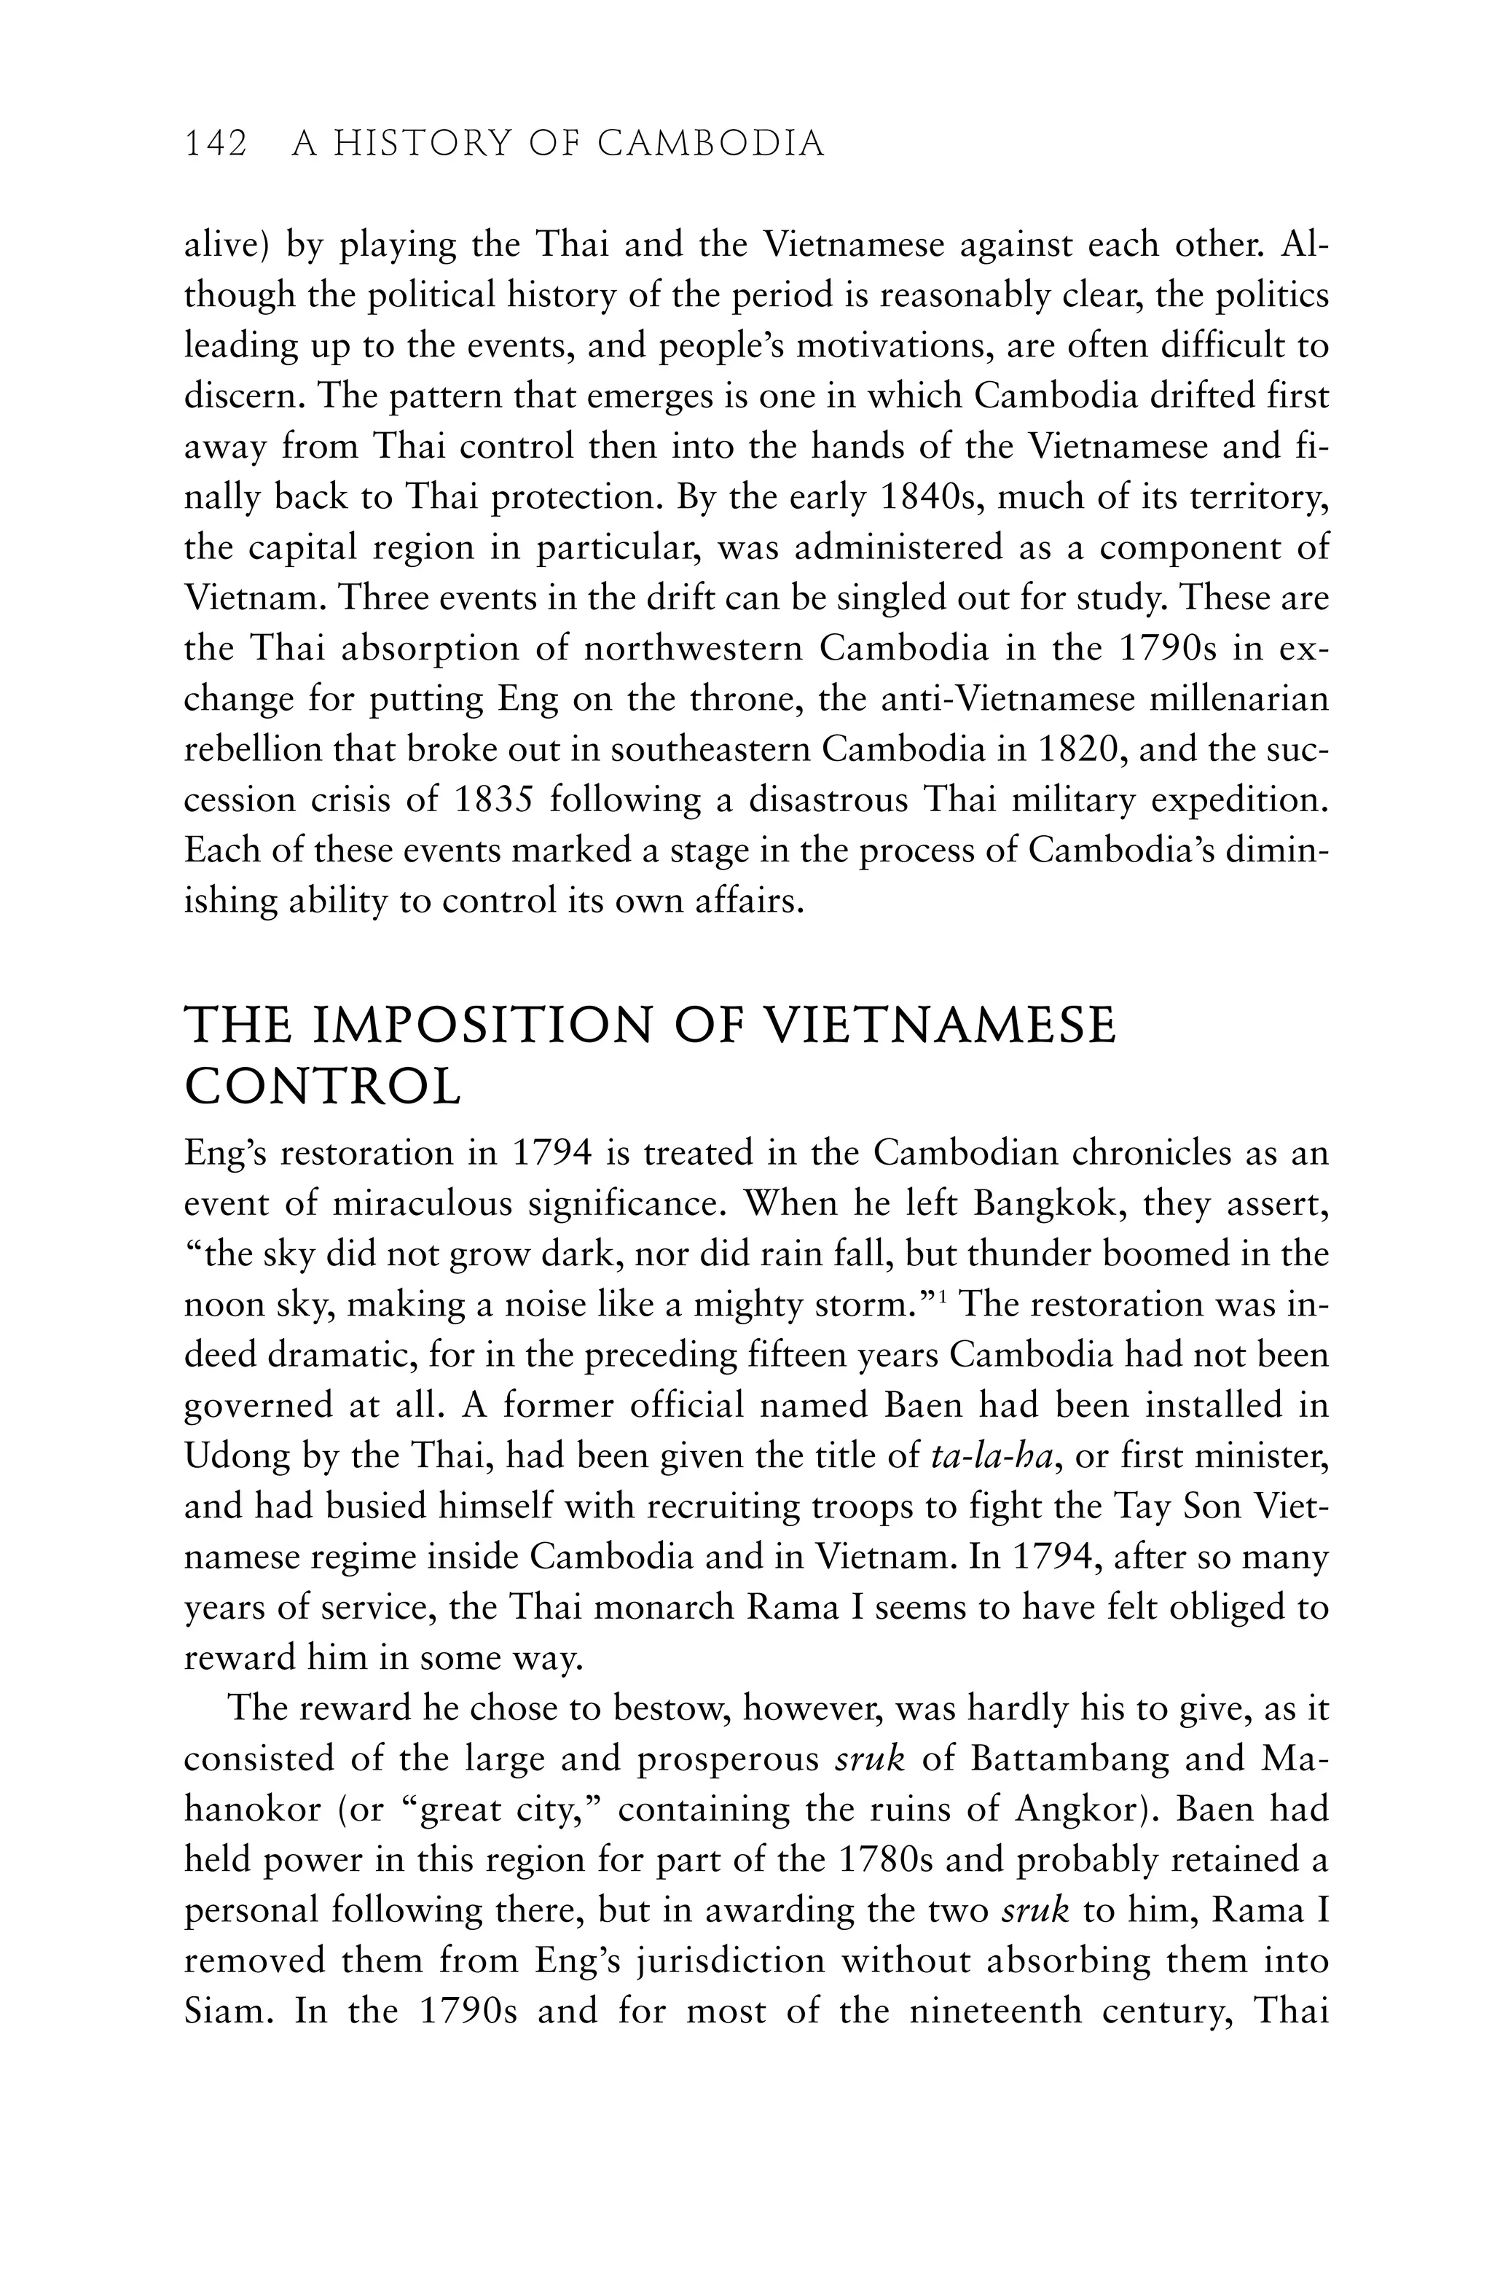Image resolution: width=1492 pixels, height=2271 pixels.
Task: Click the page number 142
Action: point(216,144)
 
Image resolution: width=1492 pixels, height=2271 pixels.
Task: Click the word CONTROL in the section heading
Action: point(323,1087)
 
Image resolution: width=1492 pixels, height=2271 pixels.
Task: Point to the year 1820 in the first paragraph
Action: point(1076,749)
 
